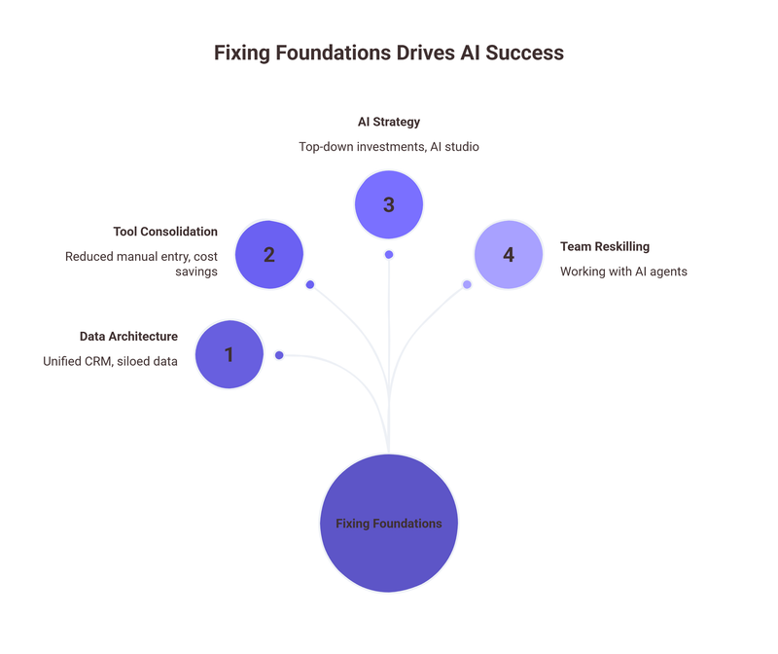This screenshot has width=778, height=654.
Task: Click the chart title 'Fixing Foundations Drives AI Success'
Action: [x=389, y=53]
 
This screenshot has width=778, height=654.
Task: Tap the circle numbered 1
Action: [x=230, y=354]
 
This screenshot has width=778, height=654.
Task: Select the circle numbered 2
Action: [x=269, y=254]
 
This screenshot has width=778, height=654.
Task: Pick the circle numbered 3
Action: [x=389, y=204]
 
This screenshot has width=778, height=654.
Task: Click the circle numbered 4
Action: [x=508, y=255]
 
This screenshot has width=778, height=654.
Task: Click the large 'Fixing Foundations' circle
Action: [x=389, y=524]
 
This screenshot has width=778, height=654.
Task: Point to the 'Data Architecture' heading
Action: [x=128, y=336]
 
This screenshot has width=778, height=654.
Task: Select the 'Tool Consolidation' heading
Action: [x=165, y=232]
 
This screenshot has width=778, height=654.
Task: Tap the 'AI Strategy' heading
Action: [x=389, y=122]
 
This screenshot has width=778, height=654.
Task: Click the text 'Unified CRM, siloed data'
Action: [x=110, y=361]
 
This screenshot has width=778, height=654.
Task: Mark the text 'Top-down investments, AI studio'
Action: [x=389, y=146]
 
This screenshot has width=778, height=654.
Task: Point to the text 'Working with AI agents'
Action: [x=623, y=272]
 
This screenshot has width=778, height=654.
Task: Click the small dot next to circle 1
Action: [x=279, y=355]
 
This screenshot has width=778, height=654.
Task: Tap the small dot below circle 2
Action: [x=310, y=285]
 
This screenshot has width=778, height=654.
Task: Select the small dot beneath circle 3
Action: [x=389, y=254]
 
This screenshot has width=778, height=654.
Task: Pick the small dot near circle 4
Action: [x=467, y=285]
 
